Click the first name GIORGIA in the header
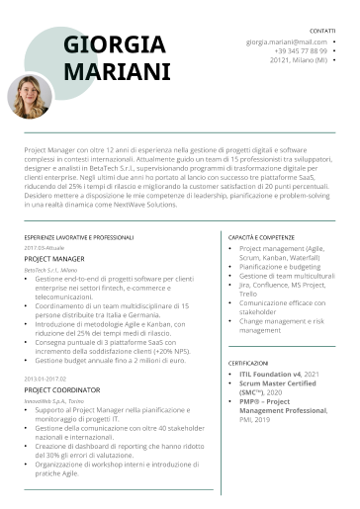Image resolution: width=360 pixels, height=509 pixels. [x=114, y=45]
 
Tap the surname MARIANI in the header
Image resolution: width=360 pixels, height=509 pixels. [x=117, y=71]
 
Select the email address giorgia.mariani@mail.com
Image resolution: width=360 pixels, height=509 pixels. [x=287, y=42]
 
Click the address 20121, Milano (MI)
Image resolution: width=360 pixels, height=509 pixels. [x=298, y=59]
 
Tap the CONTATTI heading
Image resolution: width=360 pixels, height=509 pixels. [x=321, y=32]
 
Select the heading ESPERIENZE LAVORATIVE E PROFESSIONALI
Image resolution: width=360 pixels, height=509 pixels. [x=78, y=238]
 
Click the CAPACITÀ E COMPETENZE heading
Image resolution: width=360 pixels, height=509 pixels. [x=261, y=238]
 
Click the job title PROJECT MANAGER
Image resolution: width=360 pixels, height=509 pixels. [x=54, y=258]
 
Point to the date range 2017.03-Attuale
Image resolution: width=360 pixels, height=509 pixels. [x=44, y=247]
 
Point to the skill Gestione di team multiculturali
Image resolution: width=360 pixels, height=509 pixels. [x=287, y=275]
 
